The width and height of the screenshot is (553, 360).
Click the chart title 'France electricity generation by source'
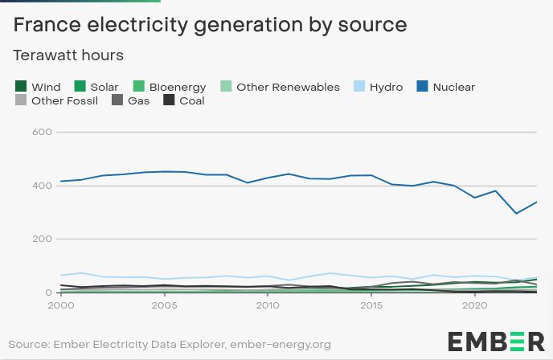click(211, 25)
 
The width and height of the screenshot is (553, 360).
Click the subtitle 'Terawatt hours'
click(68, 55)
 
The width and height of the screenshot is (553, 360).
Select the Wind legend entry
click(38, 87)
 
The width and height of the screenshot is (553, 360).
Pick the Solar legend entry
click(96, 87)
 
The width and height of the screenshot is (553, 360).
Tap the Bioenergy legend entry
click(169, 87)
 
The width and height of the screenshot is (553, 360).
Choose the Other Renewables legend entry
click(280, 87)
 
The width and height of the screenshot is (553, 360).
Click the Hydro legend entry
click(377, 87)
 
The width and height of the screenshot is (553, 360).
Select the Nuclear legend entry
click(445, 87)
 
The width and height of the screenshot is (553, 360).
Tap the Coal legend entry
click(184, 101)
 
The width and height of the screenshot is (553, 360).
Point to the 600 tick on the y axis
click(43, 132)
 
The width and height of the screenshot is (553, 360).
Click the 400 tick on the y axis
click(43, 186)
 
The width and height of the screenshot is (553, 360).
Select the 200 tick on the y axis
click(43, 239)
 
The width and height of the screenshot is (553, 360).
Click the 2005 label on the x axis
click(164, 305)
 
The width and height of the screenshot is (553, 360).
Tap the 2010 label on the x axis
click(268, 305)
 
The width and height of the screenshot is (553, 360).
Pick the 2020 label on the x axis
click(475, 305)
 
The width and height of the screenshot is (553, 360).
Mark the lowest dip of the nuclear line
click(517, 213)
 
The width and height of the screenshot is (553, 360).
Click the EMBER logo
click(496, 341)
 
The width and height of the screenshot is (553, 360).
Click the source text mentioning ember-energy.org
click(170, 344)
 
